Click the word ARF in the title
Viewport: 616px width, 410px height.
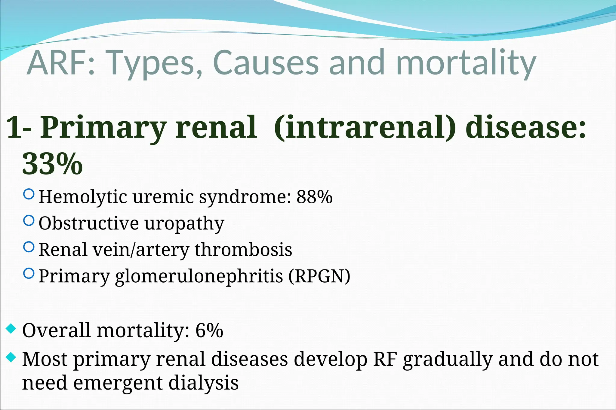pos(59,63)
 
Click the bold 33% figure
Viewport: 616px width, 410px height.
pos(52,164)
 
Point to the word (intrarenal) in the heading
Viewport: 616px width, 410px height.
pos(365,127)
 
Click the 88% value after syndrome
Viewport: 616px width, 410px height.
pos(314,197)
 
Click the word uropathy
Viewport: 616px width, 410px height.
pos(184,224)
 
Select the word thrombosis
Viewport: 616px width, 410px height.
pos(243,250)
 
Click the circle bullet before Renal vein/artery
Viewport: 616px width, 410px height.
pos(29,247)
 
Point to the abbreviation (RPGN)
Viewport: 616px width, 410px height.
pos(319,276)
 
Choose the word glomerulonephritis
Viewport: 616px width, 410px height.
pos(199,276)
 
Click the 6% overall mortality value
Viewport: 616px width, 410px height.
pos(209,331)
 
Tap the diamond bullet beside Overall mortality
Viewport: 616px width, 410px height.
pos(11,329)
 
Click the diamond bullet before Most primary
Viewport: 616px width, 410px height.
pos(11,357)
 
